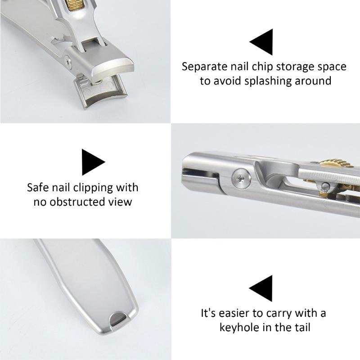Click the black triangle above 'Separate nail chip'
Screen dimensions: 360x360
(x=265, y=42)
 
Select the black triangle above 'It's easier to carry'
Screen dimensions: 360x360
(x=264, y=288)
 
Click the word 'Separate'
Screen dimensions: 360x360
(x=205, y=67)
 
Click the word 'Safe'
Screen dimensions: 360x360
(x=38, y=188)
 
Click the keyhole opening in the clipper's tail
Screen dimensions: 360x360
(x=118, y=319)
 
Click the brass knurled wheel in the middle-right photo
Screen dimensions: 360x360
(x=336, y=163)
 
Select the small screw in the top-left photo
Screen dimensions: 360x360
(x=68, y=61)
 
